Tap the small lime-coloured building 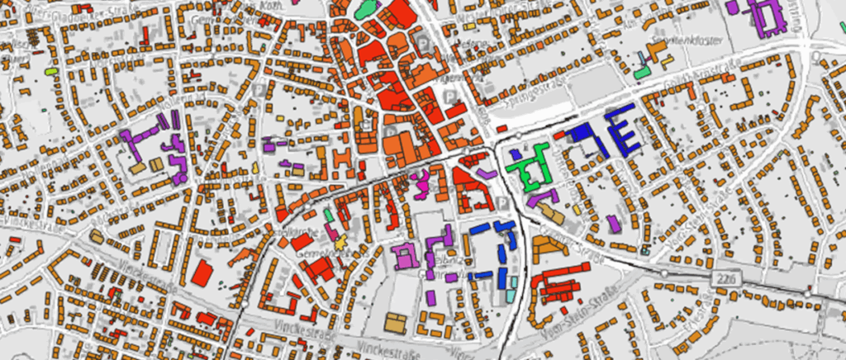pos(50,72)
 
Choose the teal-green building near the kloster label pos(642,72)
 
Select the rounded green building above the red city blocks pos(366,9)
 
